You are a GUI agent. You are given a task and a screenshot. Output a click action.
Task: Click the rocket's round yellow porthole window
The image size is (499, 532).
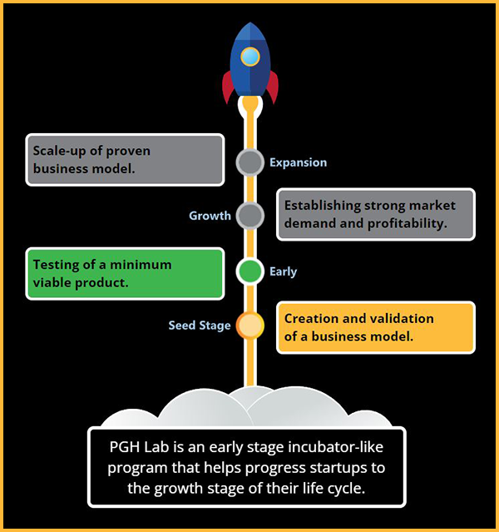pos(249,57)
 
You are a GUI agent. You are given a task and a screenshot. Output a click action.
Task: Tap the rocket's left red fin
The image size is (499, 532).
pos(228,87)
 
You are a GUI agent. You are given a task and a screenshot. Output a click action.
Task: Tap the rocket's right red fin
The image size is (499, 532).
pos(271,87)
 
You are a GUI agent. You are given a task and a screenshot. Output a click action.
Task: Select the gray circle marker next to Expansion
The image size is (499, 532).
pos(249,162)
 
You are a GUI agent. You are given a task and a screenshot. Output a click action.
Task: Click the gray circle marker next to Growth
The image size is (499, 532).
pos(249,216)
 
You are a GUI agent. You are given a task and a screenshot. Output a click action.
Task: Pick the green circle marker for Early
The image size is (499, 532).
pos(249,271)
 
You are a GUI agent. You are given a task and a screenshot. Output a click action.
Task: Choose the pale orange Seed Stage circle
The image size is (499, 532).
pos(249,326)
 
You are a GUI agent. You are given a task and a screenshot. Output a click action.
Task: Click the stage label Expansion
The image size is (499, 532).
pos(298,162)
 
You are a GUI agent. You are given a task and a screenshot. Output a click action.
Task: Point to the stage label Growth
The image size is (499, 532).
pos(210,216)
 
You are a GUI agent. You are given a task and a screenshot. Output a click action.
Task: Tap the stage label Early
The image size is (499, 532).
pos(283,271)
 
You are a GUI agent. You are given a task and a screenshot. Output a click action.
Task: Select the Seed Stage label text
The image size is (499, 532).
pos(200,326)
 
